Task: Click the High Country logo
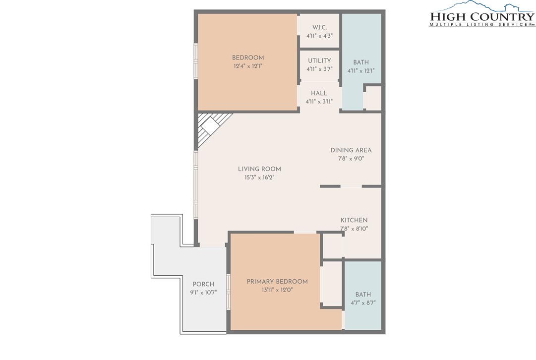[482, 14]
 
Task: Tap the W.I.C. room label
[319, 27]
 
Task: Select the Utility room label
[319, 60]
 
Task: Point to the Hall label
[319, 93]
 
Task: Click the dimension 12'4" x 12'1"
[248, 66]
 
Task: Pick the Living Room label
[259, 169]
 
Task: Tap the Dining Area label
[351, 150]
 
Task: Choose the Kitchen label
[354, 220]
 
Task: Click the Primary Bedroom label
[277, 282]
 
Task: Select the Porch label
[203, 284]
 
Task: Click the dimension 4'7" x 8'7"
[363, 302]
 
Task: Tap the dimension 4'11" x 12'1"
[361, 71]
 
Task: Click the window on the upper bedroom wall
[196, 61]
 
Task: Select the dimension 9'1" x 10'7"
[203, 293]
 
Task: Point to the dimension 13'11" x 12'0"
[277, 290]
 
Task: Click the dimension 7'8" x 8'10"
[354, 229]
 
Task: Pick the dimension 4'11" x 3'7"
[319, 69]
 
